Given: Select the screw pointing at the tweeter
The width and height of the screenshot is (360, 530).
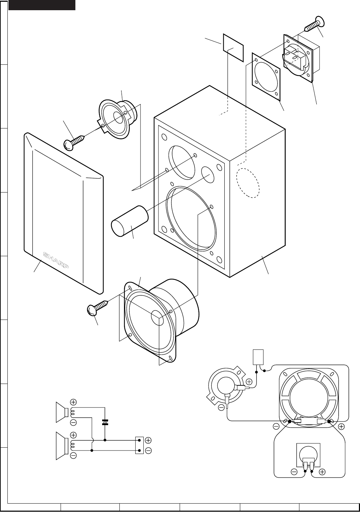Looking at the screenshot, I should coord(74,141).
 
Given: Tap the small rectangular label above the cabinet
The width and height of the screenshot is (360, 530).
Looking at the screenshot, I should coord(233,47).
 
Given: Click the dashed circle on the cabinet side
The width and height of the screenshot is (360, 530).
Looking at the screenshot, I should coord(248,183).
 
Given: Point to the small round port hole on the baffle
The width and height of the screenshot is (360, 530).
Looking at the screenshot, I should coord(207,175).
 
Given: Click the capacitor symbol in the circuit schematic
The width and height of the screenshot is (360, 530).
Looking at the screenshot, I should coord(105,422).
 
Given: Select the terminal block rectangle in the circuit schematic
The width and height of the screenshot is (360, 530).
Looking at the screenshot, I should coord(139,445).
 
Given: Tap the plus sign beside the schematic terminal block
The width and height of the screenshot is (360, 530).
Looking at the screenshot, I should coord(148,440).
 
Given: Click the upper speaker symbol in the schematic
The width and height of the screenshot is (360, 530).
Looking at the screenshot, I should coord(62,412).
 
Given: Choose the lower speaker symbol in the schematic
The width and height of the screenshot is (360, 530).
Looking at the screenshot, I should coord(62,446).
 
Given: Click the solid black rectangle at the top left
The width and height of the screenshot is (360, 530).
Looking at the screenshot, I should coord(42,5).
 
